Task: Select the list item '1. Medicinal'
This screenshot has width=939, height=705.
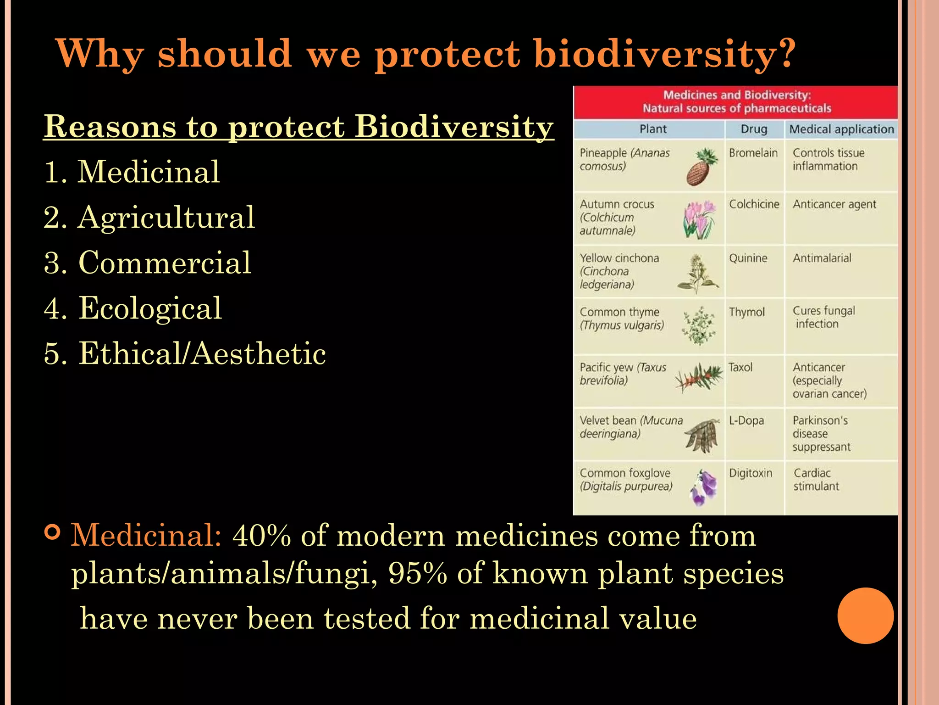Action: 132,172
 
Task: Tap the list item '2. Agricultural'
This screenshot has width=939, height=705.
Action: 149,218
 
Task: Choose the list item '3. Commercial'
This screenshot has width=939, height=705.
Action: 147,263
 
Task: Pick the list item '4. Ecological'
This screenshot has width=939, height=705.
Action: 133,308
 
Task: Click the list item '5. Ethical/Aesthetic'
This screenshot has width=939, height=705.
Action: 185,354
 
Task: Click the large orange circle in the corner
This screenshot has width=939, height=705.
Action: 865,615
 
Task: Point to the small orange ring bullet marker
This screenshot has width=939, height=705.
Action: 53,532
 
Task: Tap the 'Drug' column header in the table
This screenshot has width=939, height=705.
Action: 754,129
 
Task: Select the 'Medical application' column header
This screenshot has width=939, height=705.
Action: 841,129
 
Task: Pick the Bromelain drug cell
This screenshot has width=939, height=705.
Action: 753,153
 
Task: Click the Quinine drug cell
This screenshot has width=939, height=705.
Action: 748,258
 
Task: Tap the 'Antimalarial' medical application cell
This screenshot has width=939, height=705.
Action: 822,258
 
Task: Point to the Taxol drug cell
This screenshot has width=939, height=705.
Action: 740,368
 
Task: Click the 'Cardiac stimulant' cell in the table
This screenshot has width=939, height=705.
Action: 816,480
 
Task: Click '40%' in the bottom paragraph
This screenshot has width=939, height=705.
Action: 261,536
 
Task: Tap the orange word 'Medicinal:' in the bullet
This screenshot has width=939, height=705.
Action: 146,536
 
